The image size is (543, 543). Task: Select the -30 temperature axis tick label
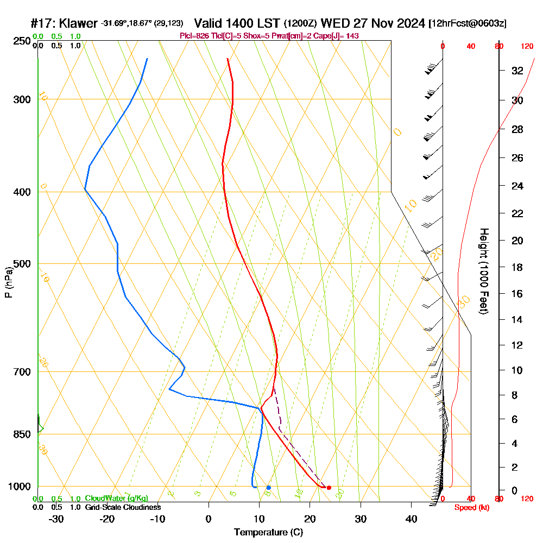(x=56, y=519)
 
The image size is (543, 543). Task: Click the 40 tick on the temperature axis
(x=411, y=519)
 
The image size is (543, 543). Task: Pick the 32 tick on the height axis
(x=517, y=71)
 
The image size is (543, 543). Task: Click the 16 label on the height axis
(x=517, y=294)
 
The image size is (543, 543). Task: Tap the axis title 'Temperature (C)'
(x=268, y=533)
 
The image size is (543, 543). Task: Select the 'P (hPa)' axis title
(x=8, y=282)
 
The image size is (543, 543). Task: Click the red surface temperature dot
(x=329, y=488)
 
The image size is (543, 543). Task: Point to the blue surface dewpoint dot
(x=268, y=488)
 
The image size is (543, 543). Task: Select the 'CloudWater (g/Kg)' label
(x=116, y=498)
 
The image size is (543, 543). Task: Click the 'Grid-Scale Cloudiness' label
(x=122, y=507)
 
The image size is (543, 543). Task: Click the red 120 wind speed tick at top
(x=527, y=46)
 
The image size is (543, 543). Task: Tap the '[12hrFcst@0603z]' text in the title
(x=468, y=23)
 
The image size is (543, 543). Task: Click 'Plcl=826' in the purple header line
(x=194, y=36)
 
